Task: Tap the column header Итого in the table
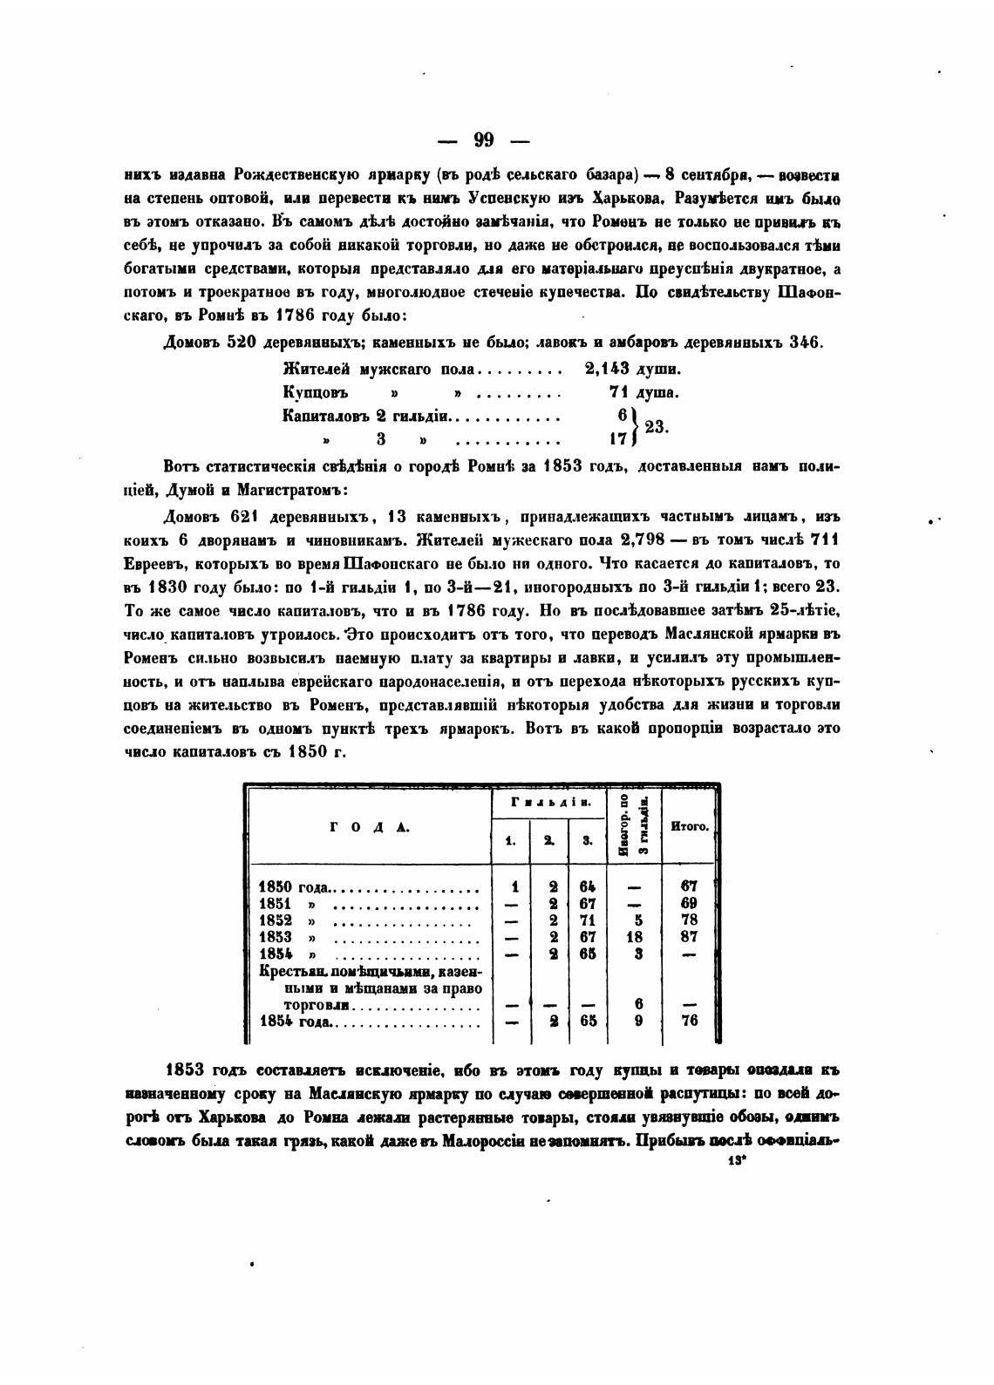(x=690, y=825)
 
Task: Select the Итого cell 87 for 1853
(x=689, y=937)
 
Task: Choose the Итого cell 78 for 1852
(x=689, y=920)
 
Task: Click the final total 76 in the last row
(x=689, y=1022)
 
